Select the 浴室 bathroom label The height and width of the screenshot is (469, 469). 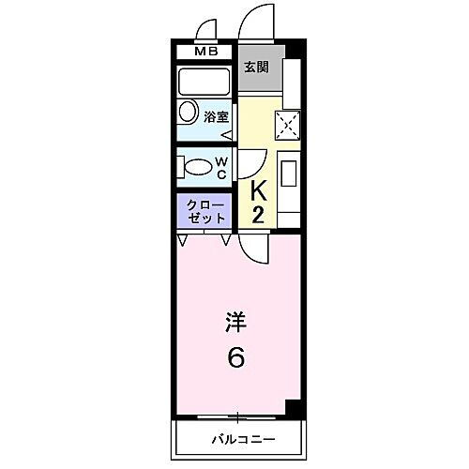[217, 117]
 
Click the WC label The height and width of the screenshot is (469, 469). [221, 167]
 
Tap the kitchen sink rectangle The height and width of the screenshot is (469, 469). [289, 174]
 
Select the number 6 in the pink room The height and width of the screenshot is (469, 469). [234, 357]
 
